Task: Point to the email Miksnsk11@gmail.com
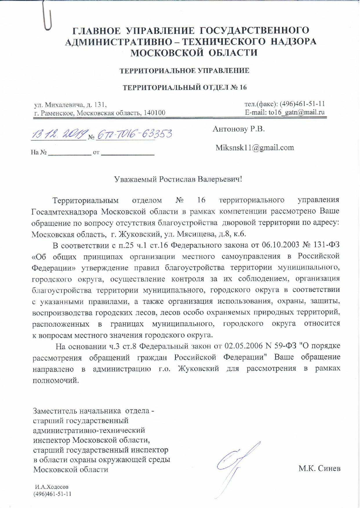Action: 255,148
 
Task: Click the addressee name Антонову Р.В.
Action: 239,129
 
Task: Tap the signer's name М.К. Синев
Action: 319,468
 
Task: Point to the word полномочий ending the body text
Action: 55,380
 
